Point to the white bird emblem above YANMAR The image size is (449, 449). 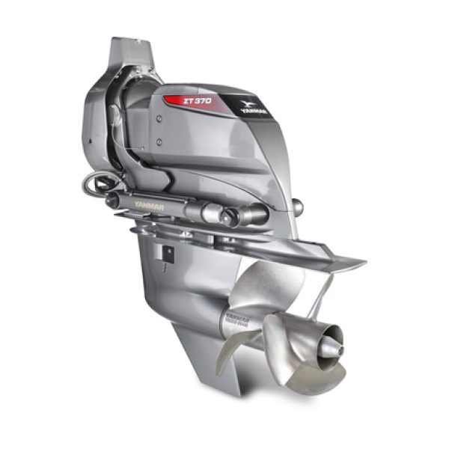coord(248,100)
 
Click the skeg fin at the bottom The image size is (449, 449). coord(202,367)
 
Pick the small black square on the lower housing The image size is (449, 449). coord(169,253)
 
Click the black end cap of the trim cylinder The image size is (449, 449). coord(112,199)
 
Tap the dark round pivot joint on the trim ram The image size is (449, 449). coord(228,216)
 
